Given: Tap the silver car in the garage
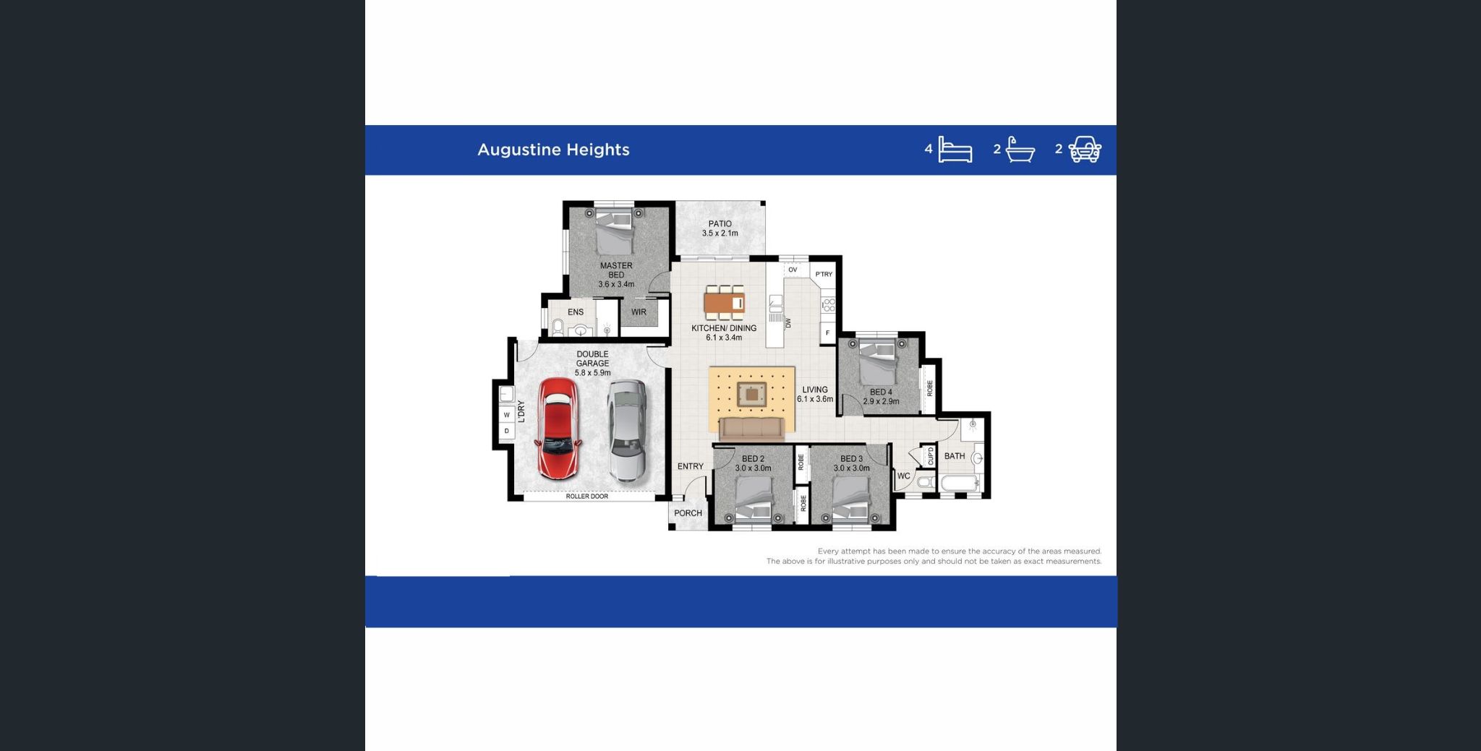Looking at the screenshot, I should [626, 431].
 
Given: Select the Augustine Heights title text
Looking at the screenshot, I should [553, 150].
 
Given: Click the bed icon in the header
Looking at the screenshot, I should [955, 150].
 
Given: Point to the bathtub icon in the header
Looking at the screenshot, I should [1020, 150].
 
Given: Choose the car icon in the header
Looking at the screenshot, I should [1085, 150].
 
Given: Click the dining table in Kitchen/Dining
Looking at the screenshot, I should [725, 302].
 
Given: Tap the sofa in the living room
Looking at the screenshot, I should [752, 429].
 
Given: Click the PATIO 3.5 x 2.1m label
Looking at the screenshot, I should [720, 228].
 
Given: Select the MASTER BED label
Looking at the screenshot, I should [616, 270].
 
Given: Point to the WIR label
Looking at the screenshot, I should [639, 312].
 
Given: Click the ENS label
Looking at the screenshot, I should [576, 312].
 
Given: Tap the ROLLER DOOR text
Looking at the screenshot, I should [586, 497].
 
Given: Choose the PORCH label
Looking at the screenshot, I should [688, 513].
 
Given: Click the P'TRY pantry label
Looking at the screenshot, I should [824, 274].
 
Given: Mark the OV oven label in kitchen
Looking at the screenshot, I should [793, 270].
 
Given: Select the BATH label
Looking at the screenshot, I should [955, 456].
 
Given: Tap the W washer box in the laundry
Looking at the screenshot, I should [507, 415].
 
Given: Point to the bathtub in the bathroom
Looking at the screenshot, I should [960, 483].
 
